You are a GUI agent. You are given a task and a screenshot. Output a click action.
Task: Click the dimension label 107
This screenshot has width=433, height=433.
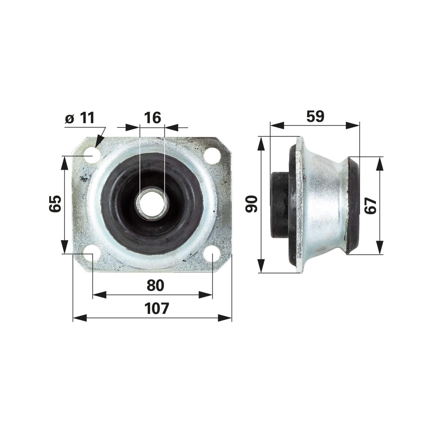[x=157, y=309]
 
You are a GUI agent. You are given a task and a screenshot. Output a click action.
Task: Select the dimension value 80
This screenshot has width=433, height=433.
[x=155, y=285]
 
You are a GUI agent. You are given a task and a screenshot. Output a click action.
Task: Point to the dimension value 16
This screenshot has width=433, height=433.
[x=152, y=118]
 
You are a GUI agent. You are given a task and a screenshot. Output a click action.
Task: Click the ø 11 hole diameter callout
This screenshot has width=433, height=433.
[x=80, y=118]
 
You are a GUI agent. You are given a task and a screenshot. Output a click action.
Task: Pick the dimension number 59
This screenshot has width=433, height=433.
[x=315, y=116]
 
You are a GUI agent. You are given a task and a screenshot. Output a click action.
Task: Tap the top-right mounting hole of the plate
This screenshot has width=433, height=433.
[x=212, y=156]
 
